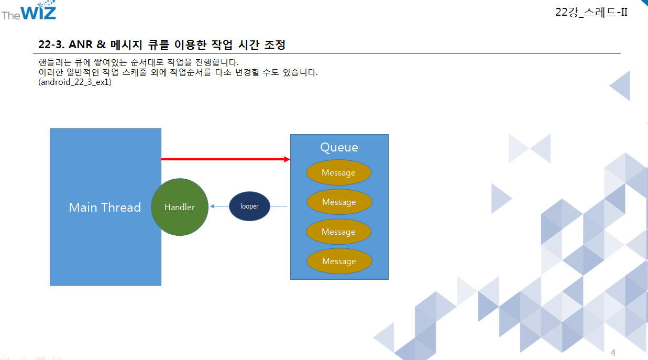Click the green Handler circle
180,207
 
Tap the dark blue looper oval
249,206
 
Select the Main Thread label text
105,208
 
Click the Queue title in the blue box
339,147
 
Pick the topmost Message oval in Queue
338,173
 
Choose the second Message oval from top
339,202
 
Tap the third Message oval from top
338,232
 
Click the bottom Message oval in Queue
339,261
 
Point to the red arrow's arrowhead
287,159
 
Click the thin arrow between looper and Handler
219,206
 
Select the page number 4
613,353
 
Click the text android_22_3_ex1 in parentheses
75,82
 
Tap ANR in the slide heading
80,45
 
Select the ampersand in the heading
101,45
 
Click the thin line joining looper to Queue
279,206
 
